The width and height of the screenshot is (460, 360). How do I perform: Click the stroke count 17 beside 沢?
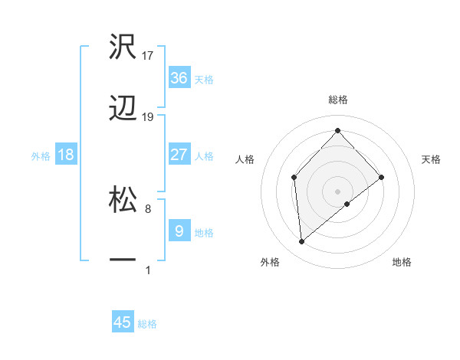(148, 55)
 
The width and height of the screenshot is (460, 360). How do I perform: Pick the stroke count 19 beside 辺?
(148, 117)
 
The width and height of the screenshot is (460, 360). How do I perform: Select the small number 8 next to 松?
(148, 208)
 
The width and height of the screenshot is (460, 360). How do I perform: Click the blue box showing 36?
(179, 78)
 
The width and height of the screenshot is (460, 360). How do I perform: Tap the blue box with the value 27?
(179, 155)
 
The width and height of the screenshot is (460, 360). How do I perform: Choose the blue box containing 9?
(179, 231)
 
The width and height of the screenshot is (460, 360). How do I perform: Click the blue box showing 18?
(66, 155)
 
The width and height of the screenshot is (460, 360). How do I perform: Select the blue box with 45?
(123, 322)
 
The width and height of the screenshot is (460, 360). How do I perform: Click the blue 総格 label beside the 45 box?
(147, 324)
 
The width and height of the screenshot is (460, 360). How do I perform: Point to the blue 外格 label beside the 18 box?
(41, 156)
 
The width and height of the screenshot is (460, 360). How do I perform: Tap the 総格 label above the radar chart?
(337, 100)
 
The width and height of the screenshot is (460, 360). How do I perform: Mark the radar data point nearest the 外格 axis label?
(302, 242)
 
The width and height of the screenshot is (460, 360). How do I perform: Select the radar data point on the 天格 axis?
(382, 177)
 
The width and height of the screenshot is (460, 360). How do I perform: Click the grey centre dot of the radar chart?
(337, 190)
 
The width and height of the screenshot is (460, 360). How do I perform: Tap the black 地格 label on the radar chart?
(402, 262)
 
